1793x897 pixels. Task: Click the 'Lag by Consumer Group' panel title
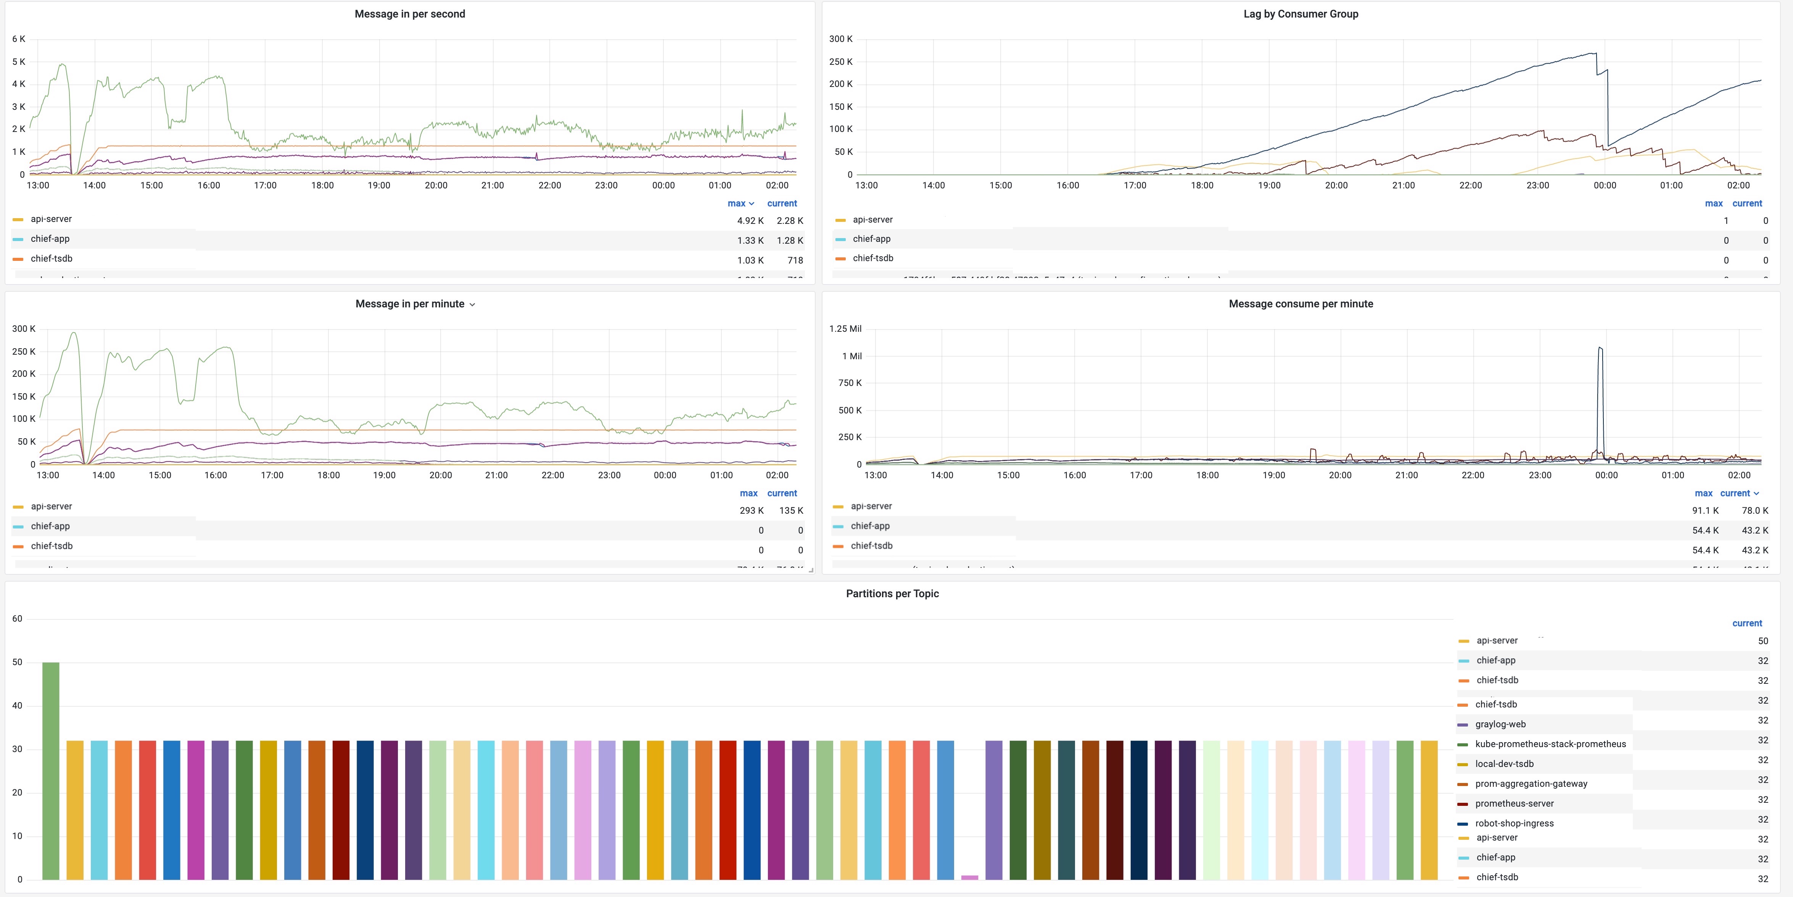click(x=1300, y=14)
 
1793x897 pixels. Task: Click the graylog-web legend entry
click(x=1500, y=724)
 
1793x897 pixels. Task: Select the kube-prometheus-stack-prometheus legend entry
click(x=1550, y=744)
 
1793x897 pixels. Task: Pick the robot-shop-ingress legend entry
click(x=1514, y=823)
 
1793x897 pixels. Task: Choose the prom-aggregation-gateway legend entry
click(x=1531, y=784)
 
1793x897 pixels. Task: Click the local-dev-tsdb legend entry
click(x=1503, y=764)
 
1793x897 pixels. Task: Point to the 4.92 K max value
click(x=750, y=220)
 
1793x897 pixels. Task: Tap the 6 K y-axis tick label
click(x=19, y=39)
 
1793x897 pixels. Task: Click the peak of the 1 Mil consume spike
click(x=1600, y=348)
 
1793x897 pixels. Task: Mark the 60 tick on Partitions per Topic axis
click(x=18, y=619)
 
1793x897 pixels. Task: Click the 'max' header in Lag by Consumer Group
click(x=1713, y=203)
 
